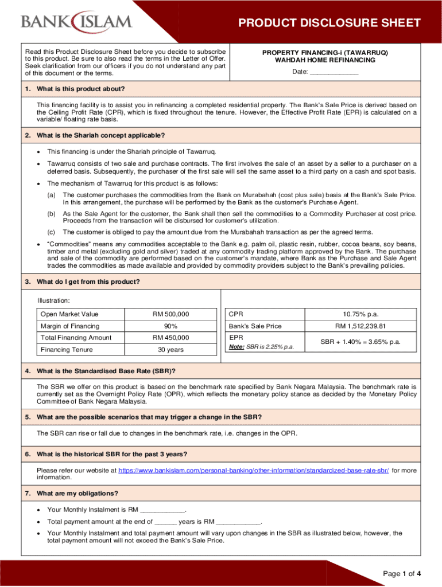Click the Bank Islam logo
coord(76,22)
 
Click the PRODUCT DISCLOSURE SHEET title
coord(329,24)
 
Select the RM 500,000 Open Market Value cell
coord(170,314)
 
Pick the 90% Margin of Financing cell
coord(170,326)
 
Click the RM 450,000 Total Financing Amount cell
coord(170,338)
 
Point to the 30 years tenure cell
coord(170,349)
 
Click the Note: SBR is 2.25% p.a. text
coord(261,347)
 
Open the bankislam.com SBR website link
coord(253,470)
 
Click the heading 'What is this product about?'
coord(80,89)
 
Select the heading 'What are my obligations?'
coord(77,494)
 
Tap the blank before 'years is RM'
coord(165,522)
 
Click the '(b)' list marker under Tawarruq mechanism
coord(51,213)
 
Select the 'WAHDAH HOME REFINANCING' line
coord(325,60)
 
